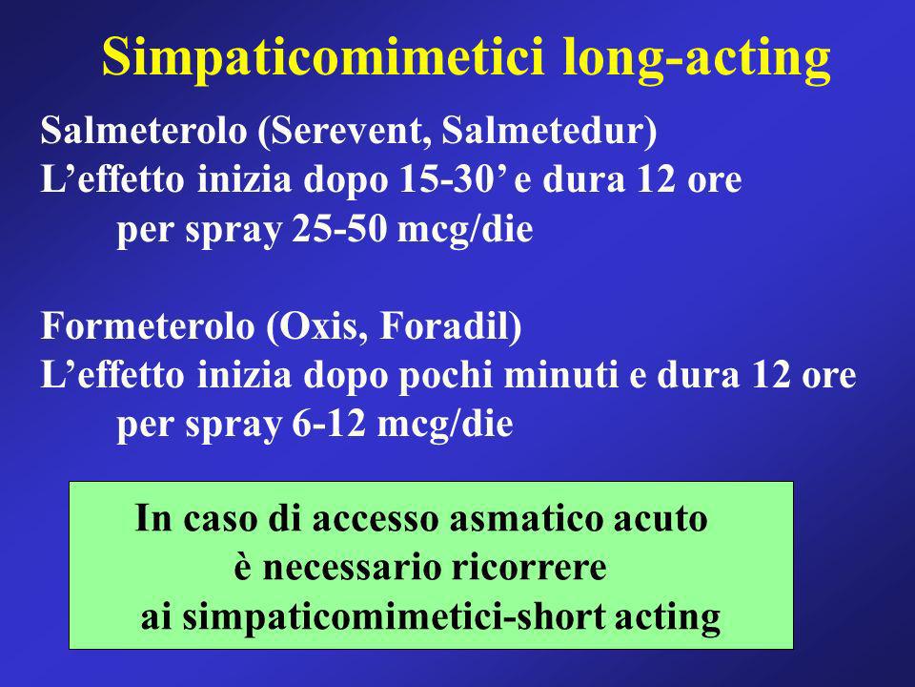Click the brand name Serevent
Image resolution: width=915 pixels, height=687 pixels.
(x=345, y=131)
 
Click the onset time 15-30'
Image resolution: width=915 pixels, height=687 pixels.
(x=453, y=179)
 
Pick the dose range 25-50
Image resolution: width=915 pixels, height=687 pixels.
(x=339, y=228)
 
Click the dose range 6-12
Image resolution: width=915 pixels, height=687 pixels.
(x=329, y=424)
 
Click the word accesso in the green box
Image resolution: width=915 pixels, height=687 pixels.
(x=375, y=519)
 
